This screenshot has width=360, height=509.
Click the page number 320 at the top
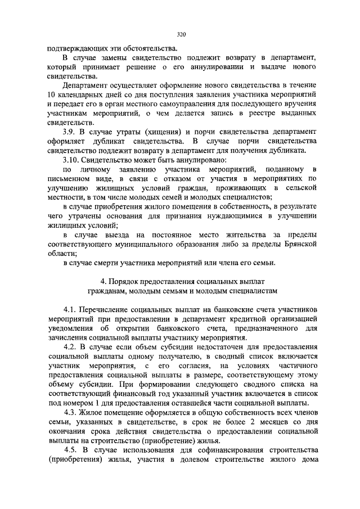pos(181,35)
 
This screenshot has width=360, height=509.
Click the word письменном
pos(70,179)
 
